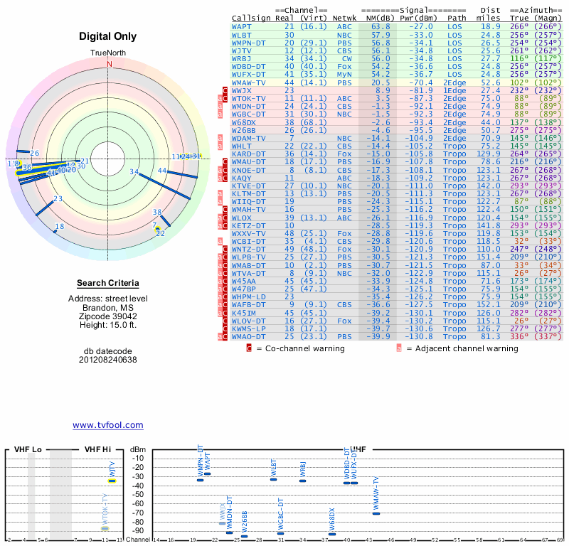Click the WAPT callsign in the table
tap(242, 26)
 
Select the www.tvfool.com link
tap(107, 425)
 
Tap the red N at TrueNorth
tap(110, 63)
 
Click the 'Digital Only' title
tap(109, 36)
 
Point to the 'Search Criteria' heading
tap(109, 283)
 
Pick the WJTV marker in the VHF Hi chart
tap(112, 481)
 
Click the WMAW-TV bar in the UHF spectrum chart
tap(376, 513)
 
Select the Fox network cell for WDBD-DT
tap(344, 66)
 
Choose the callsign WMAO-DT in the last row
tap(249, 336)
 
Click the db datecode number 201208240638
tap(109, 360)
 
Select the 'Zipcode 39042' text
tap(109, 316)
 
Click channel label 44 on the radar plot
tap(162, 171)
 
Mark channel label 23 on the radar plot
tap(58, 200)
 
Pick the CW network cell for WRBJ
tap(344, 58)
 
